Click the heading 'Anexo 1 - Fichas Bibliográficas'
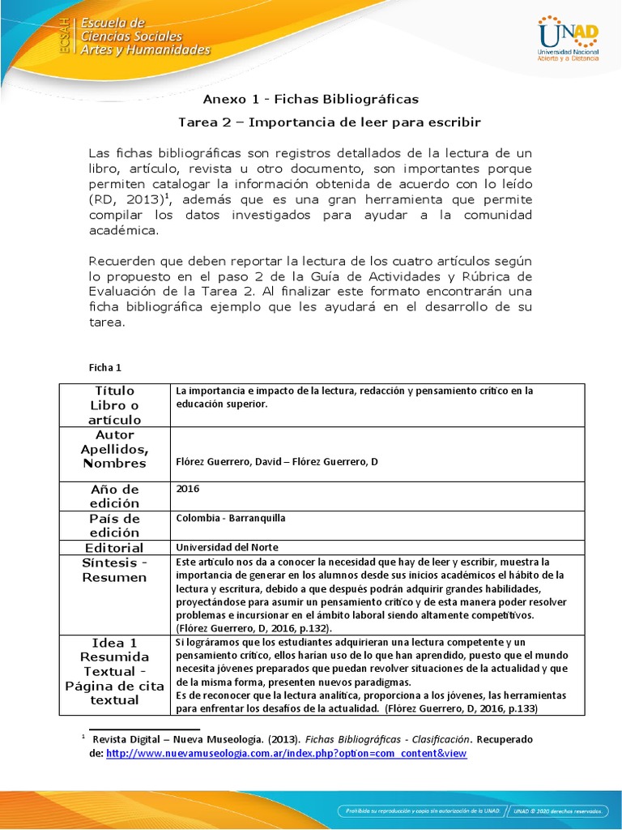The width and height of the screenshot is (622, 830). (310, 99)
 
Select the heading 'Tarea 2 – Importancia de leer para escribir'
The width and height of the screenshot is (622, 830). (329, 122)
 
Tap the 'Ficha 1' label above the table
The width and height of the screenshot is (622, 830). (104, 367)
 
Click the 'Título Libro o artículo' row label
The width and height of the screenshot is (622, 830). (115, 405)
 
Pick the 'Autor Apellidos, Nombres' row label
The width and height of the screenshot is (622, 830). (114, 449)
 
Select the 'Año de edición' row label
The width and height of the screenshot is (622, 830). (114, 497)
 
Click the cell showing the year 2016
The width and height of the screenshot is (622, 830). (187, 489)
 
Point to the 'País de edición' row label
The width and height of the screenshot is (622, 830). (114, 525)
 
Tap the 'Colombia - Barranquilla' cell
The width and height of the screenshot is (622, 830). (231, 518)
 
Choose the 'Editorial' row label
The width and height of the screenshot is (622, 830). (114, 548)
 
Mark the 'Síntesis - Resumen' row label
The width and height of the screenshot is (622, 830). (114, 570)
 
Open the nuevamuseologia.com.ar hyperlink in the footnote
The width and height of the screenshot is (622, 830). (287, 753)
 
